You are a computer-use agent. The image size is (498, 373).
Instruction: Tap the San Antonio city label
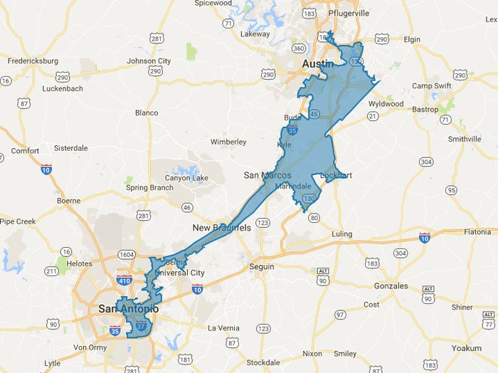(x=127, y=309)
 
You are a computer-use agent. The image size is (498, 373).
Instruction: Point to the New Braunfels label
(x=221, y=228)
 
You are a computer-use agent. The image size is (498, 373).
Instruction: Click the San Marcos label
(x=267, y=175)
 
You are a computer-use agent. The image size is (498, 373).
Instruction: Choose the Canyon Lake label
(x=168, y=177)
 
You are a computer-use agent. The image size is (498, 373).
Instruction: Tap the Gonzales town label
(x=391, y=286)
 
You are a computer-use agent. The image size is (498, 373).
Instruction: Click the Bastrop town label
(x=425, y=110)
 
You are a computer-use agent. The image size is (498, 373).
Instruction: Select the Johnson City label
(x=149, y=61)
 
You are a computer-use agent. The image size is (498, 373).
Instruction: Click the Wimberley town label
(x=228, y=142)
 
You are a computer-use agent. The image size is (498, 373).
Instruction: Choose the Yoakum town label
(x=466, y=348)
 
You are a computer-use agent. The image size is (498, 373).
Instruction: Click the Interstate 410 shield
(x=124, y=281)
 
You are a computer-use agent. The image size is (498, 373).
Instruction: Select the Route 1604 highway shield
(x=127, y=254)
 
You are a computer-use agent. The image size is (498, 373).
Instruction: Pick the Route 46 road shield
(x=187, y=207)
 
